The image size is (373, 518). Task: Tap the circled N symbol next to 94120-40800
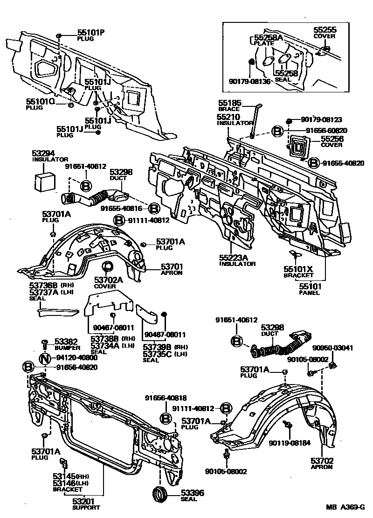[44, 358]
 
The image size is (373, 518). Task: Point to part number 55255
[325, 30]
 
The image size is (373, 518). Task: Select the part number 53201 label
[86, 501]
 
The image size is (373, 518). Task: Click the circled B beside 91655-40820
[314, 162]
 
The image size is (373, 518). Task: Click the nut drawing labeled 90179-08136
[250, 62]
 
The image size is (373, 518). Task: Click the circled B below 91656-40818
[166, 418]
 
